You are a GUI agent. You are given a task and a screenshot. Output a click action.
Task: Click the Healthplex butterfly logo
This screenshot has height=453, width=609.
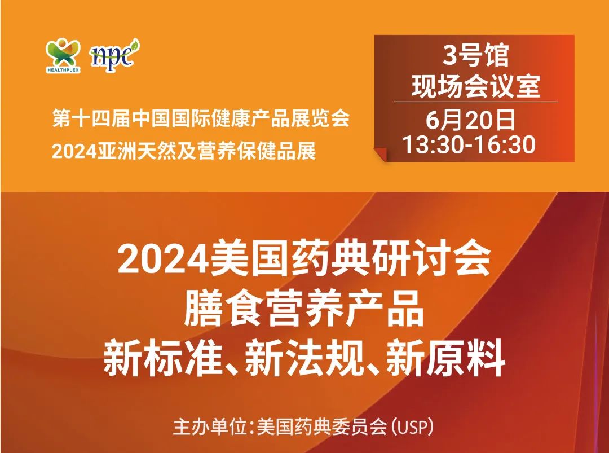point(63,53)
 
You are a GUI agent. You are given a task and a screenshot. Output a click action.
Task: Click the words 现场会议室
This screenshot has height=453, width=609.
point(475,85)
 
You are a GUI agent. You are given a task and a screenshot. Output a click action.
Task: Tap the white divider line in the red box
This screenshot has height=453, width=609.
point(475,102)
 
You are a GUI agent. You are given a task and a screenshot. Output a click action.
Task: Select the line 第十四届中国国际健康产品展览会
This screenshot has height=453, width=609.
point(201,118)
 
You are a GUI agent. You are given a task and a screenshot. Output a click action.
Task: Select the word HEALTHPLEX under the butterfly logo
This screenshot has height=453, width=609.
point(63,71)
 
